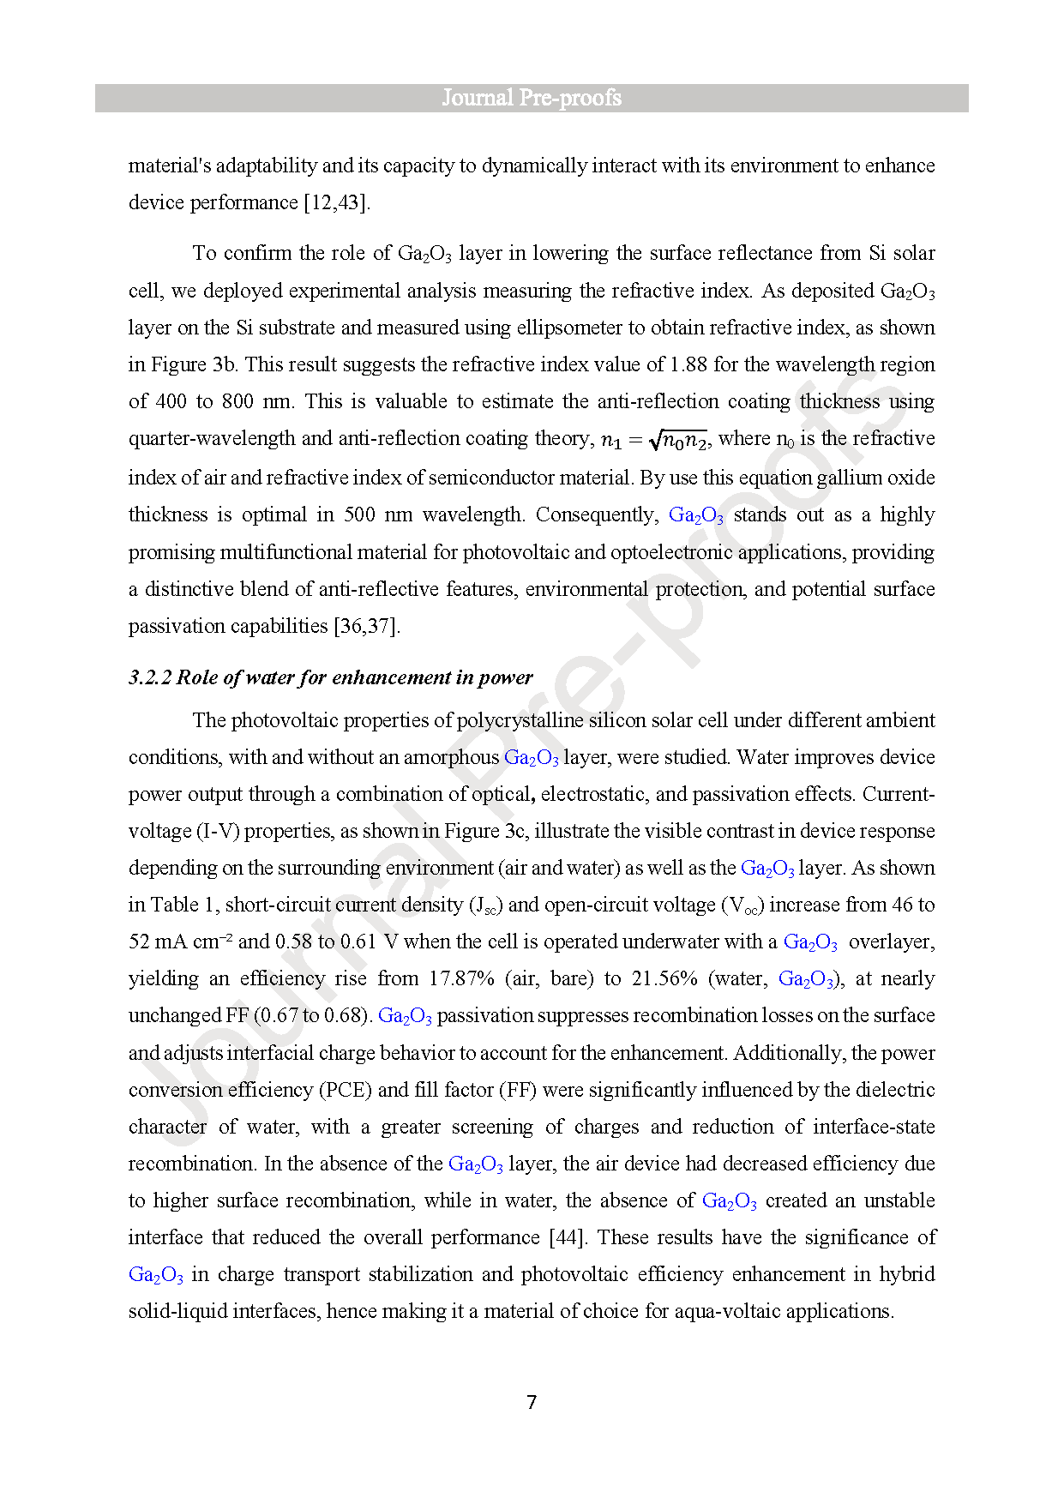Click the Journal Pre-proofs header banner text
[x=532, y=98]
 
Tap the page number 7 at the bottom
[x=532, y=1402]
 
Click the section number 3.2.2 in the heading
[x=150, y=677]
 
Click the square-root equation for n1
[x=654, y=440]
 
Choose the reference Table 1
[x=175, y=905]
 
